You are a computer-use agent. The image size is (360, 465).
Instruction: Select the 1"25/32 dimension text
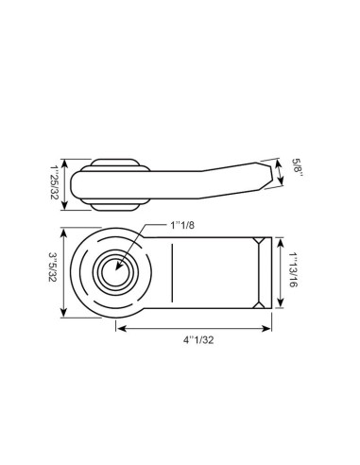[54, 180]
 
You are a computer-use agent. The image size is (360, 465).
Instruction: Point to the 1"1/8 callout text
[186, 226]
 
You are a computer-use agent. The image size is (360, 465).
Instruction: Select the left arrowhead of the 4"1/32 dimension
[120, 327]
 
